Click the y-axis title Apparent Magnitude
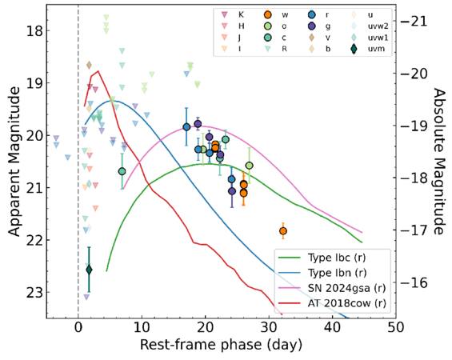pos(14,162)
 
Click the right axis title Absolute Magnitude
pos(439,162)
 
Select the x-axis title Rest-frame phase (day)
pos(221,345)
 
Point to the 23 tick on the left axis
pos(34,292)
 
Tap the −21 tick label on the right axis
pos(414,21)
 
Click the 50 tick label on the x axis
pos(395,328)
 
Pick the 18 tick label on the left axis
pos(34,30)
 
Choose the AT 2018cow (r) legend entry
pos(331,303)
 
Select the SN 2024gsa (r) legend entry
pos(331,288)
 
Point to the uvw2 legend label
pos(378,26)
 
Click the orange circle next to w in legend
pos(268,14)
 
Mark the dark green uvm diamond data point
pos(89,270)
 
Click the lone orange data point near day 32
pos(283,231)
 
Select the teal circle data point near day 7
pos(122,171)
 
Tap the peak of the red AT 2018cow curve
pos(98,71)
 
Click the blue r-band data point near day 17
pos(186,127)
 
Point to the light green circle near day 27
pos(250,166)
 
